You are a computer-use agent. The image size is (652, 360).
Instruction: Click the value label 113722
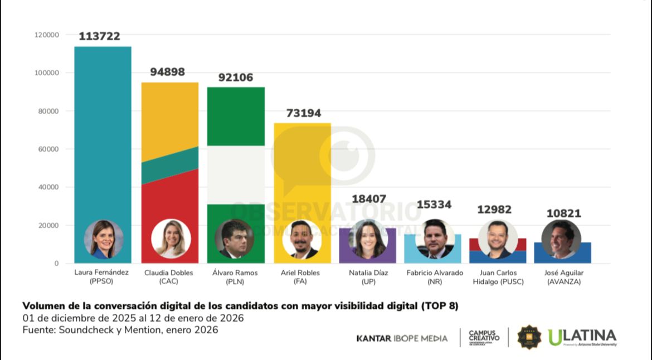[99, 36]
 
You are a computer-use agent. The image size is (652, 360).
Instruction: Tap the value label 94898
[167, 72]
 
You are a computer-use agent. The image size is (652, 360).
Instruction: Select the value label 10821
[564, 213]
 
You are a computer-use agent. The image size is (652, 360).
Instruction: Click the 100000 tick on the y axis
[47, 73]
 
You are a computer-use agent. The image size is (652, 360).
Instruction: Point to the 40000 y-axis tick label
[48, 187]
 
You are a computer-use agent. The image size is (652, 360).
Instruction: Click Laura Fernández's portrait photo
[103, 239]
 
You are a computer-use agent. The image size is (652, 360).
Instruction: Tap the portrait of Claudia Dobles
[171, 239]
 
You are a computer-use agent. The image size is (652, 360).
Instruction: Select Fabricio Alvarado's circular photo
[435, 239]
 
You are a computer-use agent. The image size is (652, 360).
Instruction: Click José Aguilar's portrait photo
[561, 239]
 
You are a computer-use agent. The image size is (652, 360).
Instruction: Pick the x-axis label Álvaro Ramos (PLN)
[235, 277]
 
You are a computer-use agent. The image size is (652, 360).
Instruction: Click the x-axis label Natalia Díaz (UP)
[367, 277]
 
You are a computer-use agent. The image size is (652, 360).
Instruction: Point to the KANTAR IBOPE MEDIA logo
[402, 338]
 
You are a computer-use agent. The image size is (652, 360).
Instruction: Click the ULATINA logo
[582, 337]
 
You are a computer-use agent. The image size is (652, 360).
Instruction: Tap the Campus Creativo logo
[484, 337]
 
